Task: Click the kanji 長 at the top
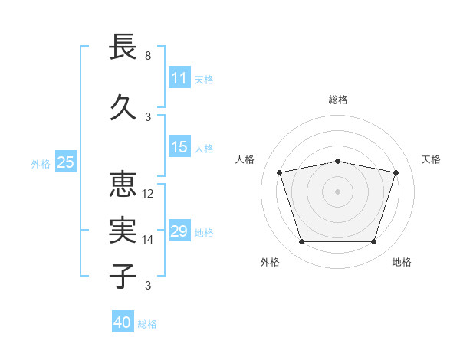tap(123, 47)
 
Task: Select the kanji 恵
tap(123, 185)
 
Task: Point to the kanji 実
tap(123, 231)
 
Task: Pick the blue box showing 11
tap(179, 77)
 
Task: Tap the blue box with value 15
tap(179, 147)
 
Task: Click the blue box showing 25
tap(66, 162)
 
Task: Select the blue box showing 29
tap(179, 231)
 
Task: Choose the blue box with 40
tap(123, 322)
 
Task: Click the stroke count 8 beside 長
tap(148, 56)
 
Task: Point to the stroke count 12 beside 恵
tap(149, 194)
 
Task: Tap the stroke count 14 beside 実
tap(149, 240)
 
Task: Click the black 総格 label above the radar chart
tap(338, 100)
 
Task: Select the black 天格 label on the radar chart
tap(432, 159)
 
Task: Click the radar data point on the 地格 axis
tap(373, 242)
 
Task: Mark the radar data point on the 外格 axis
tap(301, 242)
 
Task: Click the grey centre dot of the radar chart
tap(337, 191)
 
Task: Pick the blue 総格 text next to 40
tap(147, 324)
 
